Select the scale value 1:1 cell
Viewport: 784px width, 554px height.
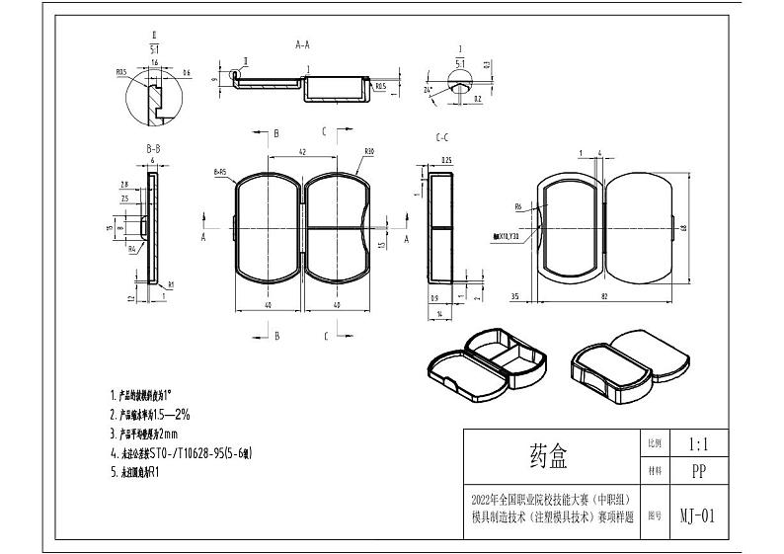tap(697, 444)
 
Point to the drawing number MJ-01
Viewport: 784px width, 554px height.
tap(697, 515)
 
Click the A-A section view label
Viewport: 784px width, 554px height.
tap(302, 44)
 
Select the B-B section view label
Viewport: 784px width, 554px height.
tap(153, 149)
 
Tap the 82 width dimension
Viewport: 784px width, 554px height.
tap(603, 295)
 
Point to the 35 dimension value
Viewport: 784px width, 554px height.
tap(515, 295)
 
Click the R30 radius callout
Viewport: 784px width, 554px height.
tap(368, 151)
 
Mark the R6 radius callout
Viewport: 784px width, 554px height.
tap(517, 206)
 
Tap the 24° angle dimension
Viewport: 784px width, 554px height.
tap(428, 90)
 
